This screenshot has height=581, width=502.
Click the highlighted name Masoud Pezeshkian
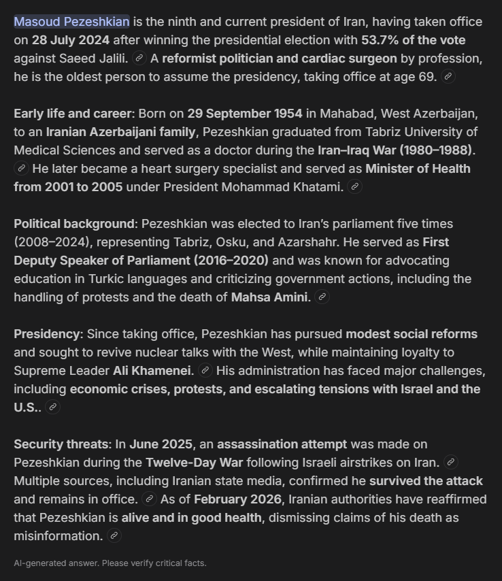coord(71,22)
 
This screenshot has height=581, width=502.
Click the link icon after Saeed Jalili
coord(139,59)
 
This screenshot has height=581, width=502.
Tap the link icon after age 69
coord(448,77)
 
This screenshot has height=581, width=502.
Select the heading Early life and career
coord(73,114)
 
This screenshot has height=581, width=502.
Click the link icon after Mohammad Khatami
coord(354,187)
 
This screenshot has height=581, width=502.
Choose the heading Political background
coord(74,224)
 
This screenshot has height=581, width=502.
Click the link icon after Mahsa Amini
coord(322,297)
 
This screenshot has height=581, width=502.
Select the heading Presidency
coord(47,334)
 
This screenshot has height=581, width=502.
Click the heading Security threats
coord(61,444)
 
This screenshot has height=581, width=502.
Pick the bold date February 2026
coord(237,499)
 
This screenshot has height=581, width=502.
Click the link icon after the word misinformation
coord(114,536)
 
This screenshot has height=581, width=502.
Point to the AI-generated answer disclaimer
coord(110,563)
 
